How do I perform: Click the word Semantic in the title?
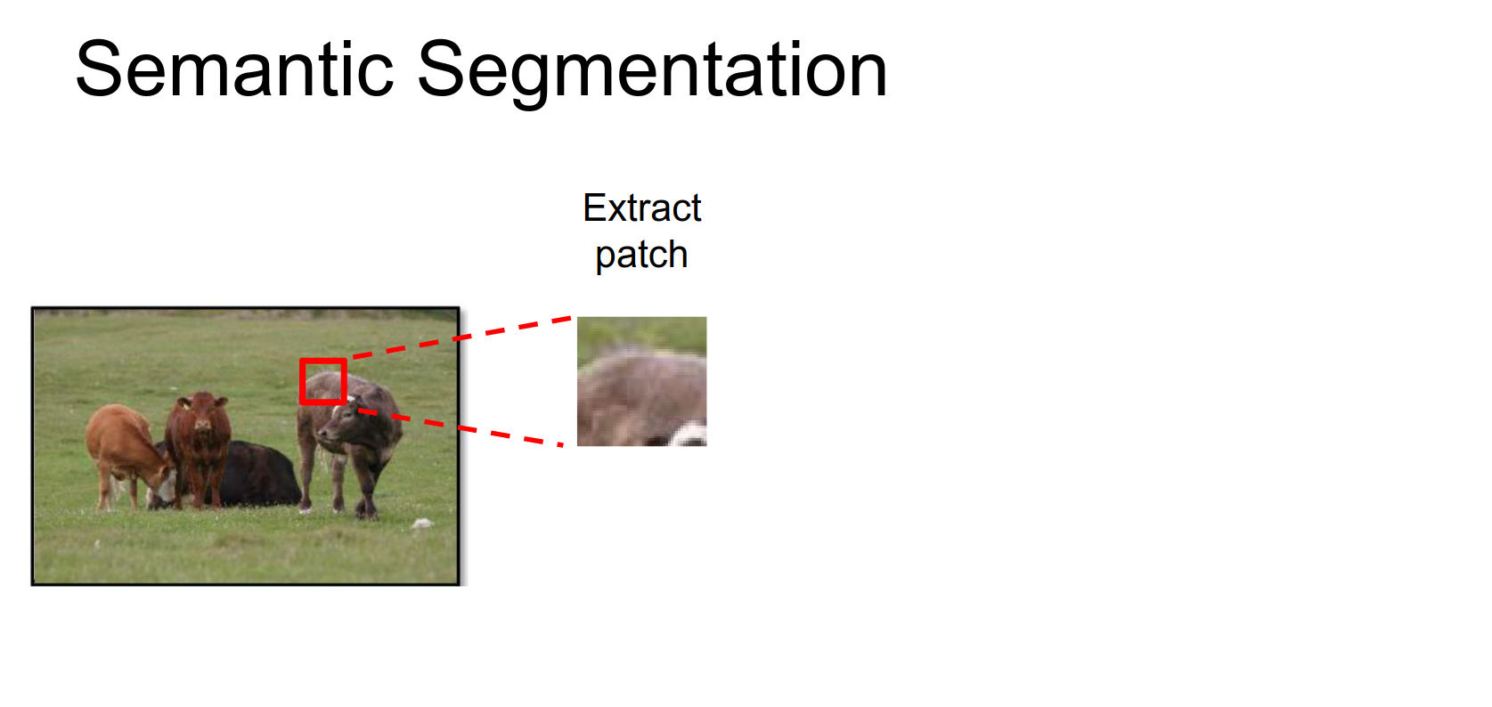click(x=234, y=69)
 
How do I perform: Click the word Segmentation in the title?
click(x=653, y=73)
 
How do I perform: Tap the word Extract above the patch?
click(x=641, y=207)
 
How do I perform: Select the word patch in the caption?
click(x=641, y=255)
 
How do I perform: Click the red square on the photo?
click(x=323, y=381)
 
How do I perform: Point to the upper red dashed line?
click(x=461, y=337)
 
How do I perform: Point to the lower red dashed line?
click(x=461, y=428)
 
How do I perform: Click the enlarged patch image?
click(x=641, y=381)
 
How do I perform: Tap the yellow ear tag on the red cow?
click(x=186, y=404)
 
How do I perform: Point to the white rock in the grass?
click(x=421, y=524)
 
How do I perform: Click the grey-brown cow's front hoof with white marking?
click(x=305, y=508)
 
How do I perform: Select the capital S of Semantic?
click(x=97, y=69)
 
